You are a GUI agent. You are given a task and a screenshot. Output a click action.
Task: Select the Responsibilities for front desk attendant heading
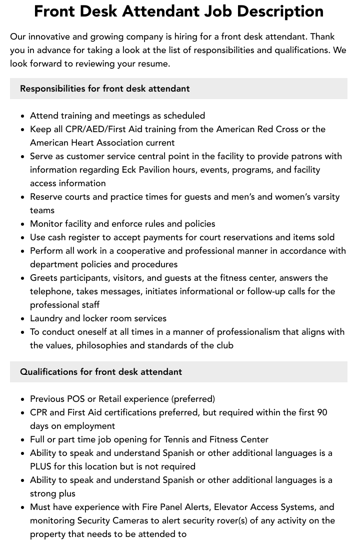click(104, 89)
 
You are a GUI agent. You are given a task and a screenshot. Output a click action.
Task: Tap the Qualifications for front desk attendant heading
click(100, 372)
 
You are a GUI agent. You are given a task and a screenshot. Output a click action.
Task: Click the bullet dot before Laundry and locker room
click(23, 319)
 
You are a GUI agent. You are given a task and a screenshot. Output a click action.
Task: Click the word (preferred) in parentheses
click(193, 399)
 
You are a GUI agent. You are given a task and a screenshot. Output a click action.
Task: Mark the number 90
click(321, 412)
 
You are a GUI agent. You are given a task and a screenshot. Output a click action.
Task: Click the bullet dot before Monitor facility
click(23, 224)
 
